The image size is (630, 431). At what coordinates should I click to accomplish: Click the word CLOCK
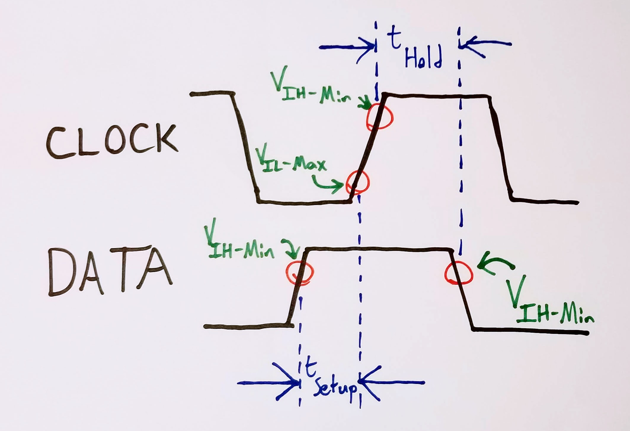[x=112, y=141]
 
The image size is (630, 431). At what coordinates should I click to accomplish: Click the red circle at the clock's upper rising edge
[x=380, y=116]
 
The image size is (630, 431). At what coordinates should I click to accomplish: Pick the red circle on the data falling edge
[x=458, y=273]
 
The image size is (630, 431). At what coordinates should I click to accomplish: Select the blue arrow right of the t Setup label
[x=391, y=383]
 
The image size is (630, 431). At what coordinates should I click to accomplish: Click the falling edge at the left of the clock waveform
[x=246, y=148]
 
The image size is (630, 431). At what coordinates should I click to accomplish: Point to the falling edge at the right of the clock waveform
[x=501, y=148]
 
